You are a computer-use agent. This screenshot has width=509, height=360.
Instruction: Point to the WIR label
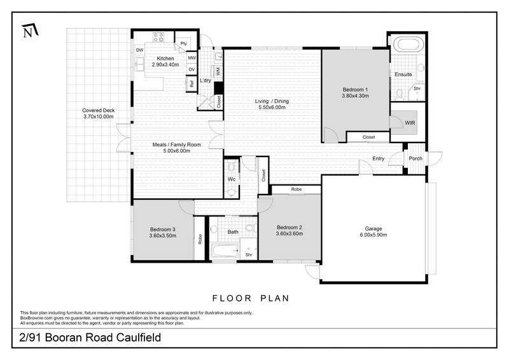coord(403,122)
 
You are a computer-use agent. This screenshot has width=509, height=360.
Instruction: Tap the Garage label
coord(373,228)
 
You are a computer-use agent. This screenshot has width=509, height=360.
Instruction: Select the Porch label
coord(415,158)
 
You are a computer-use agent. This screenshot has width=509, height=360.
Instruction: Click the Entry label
coord(379,159)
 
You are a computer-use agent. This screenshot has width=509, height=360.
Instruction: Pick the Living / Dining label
coord(272,101)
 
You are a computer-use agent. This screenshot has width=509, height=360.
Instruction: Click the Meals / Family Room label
coord(177,144)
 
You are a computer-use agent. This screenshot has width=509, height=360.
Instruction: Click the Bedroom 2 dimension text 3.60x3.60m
coord(289,234)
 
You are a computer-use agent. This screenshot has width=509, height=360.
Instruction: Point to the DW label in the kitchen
coord(139,50)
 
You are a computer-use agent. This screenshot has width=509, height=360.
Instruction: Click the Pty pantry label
coord(183,43)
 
